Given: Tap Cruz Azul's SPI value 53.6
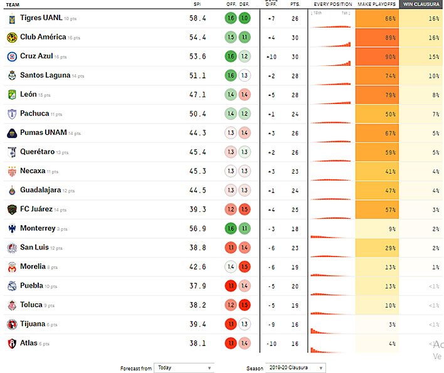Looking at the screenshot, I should pos(198,56).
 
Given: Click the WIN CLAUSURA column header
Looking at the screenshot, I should pos(421,4).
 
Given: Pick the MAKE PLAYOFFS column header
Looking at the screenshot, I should pos(377,4).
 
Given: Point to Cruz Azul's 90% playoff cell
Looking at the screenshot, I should pos(377,56).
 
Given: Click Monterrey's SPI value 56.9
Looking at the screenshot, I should pos(198,229).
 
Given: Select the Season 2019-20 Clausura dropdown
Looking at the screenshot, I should pos(295,368).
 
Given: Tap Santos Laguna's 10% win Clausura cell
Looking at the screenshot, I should pos(421,76).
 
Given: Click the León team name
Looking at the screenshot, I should pos(28,95).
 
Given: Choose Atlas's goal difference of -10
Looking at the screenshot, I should pos(271,344).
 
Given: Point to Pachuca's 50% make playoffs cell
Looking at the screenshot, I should pos(377,114).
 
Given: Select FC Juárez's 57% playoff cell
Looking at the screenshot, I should pos(377,209).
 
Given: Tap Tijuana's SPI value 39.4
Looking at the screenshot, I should pos(198,324).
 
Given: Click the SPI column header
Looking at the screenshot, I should pos(197,4).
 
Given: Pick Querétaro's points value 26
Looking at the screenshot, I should pos(295,152).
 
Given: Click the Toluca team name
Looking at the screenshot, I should pos(31,305).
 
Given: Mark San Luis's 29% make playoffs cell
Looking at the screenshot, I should pos(377,248).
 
